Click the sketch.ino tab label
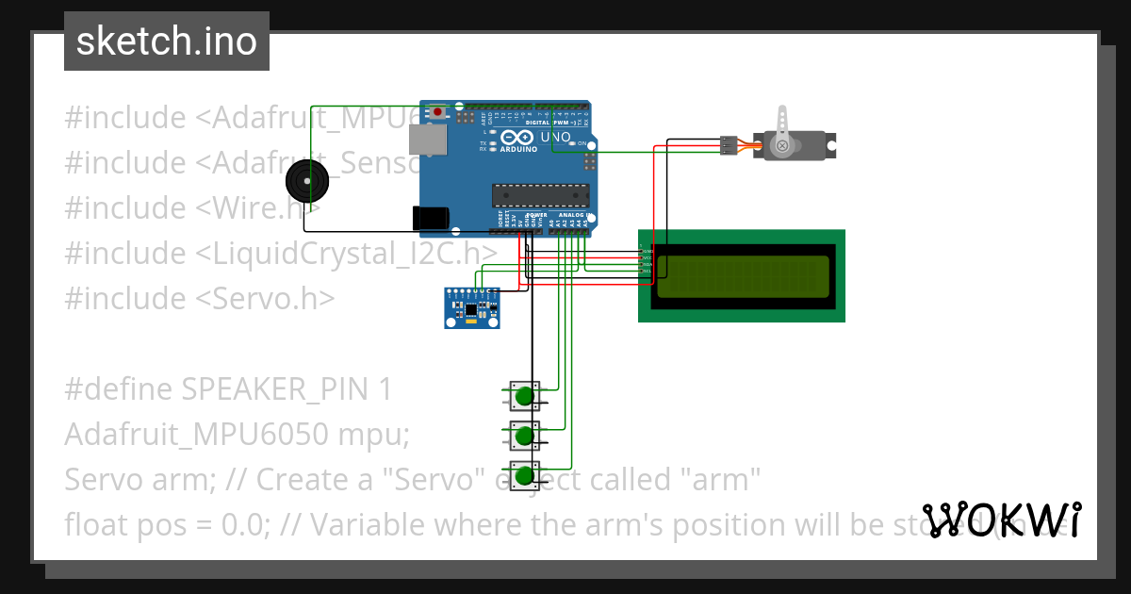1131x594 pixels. pyautogui.click(x=166, y=41)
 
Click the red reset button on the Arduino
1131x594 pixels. pyautogui.click(x=438, y=112)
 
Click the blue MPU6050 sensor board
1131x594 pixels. pyautogui.click(x=471, y=308)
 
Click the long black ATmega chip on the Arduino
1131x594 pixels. pyautogui.click(x=540, y=195)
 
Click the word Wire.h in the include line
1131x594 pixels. pyautogui.click(x=259, y=207)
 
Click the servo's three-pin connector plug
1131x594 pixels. pyautogui.click(x=729, y=145)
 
